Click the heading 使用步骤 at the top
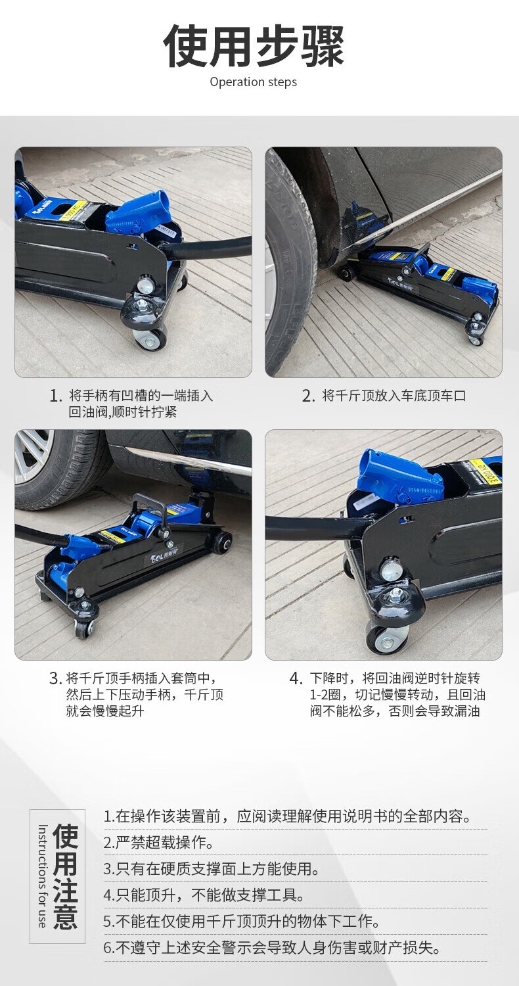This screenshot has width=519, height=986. (254, 46)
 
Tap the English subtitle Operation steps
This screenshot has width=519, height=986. (254, 82)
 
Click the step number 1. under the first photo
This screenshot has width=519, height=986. (55, 396)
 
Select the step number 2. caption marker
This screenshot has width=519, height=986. (308, 396)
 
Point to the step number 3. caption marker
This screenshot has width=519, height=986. (55, 678)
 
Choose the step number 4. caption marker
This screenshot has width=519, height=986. (296, 678)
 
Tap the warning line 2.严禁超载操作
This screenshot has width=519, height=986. (158, 842)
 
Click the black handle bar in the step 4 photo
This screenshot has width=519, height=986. (317, 528)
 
